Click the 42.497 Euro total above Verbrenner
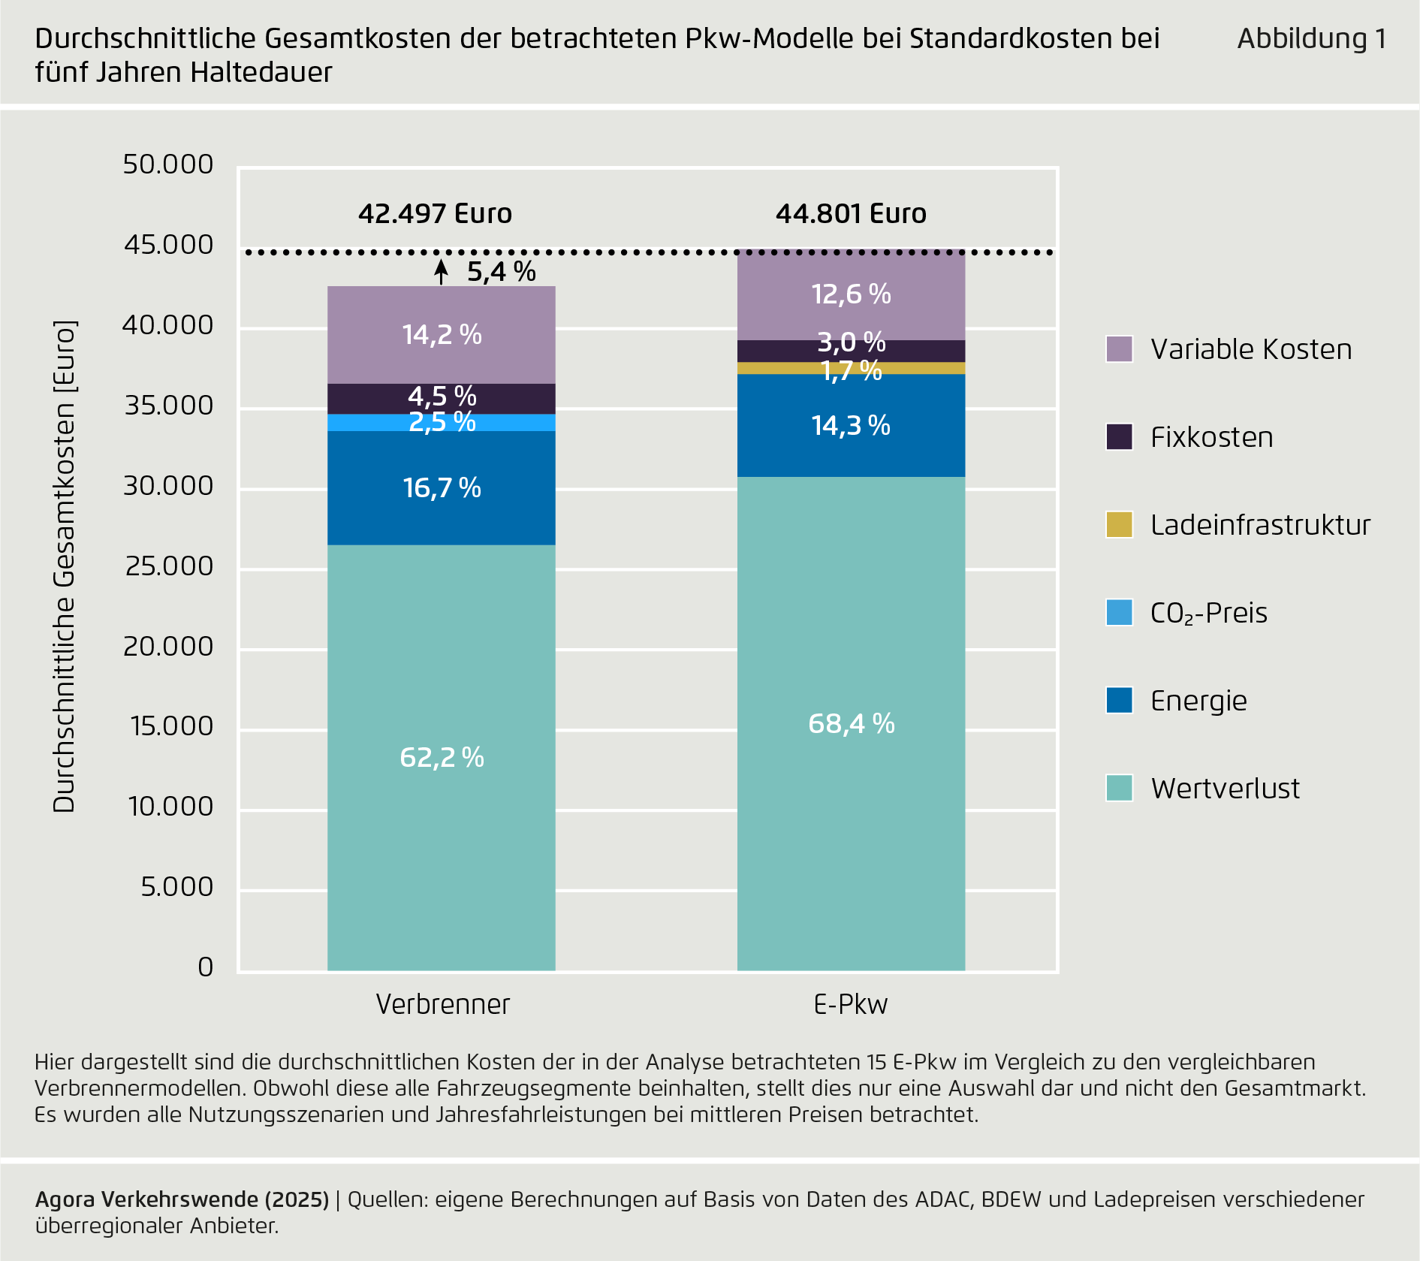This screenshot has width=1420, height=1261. (435, 214)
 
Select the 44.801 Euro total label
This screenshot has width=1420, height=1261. (851, 214)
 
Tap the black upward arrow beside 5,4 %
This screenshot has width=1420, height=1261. (442, 272)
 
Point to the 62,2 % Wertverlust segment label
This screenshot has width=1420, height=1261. (442, 757)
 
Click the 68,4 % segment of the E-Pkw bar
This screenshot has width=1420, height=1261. (851, 724)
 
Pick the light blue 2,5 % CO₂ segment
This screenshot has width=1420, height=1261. (442, 423)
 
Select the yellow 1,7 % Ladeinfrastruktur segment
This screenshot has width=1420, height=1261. (851, 369)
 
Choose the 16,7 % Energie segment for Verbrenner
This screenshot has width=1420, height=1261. (442, 488)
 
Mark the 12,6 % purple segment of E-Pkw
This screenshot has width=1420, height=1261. (851, 294)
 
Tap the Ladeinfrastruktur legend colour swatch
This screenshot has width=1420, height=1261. (1119, 525)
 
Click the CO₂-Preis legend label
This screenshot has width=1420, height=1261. (1208, 613)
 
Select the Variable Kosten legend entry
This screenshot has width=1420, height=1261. (1250, 349)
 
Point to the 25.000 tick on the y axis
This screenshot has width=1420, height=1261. (170, 566)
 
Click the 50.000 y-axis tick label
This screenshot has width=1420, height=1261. (168, 164)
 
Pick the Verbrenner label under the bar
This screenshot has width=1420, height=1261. (442, 1004)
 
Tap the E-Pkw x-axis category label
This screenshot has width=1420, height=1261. (851, 1004)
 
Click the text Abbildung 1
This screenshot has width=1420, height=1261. (1311, 39)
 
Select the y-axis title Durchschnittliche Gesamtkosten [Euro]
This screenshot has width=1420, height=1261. (65, 566)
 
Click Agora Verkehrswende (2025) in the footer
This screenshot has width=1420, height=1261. (182, 1199)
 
